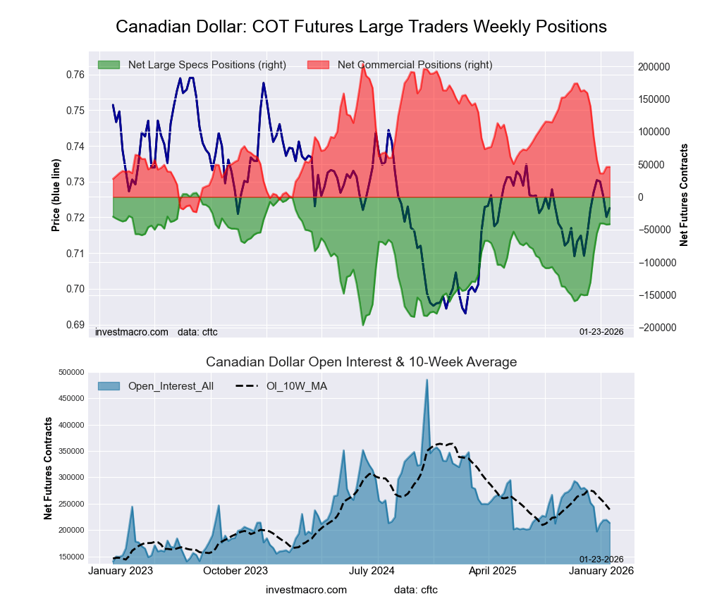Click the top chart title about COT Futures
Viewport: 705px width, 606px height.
coord(361,27)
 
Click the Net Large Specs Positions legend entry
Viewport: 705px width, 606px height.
coord(207,65)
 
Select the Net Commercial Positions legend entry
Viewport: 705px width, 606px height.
coord(415,65)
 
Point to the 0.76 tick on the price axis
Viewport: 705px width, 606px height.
coord(75,75)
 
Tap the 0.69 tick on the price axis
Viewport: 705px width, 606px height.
coord(75,325)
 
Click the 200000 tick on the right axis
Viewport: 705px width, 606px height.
coord(654,66)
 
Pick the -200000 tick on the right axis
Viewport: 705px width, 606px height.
coord(655,328)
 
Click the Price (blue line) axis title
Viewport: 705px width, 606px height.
coord(56,195)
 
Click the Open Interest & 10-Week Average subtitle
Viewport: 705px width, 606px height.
coord(361,362)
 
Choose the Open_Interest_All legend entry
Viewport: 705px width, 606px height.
coord(171,386)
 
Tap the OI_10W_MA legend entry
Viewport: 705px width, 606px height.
coord(297,386)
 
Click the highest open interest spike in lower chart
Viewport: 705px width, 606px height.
coord(427,381)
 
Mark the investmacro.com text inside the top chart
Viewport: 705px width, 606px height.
coord(132,331)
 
